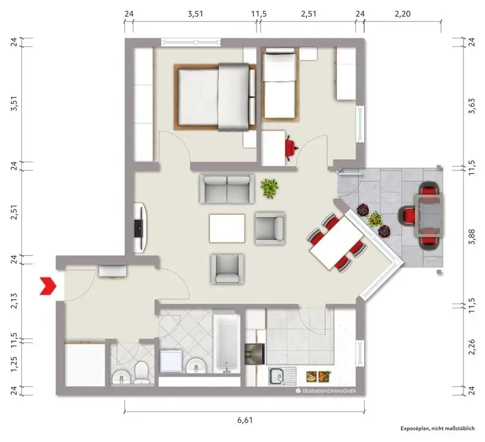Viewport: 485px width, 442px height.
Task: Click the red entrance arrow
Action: (48, 286)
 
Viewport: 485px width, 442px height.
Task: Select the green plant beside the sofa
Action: (269, 188)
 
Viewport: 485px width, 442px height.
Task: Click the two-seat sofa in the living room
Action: (227, 189)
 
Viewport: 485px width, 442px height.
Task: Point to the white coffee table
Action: (227, 228)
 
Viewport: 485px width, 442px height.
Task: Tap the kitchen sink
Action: (282, 376)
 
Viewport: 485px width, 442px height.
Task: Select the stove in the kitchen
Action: (255, 353)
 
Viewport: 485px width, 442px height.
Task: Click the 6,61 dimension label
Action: (245, 420)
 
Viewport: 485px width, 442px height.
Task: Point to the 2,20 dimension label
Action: (403, 13)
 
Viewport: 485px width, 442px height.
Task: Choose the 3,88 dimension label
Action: (472, 236)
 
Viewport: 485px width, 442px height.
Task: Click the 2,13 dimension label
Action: (14, 300)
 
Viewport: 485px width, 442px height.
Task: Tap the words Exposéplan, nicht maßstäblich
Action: (437, 428)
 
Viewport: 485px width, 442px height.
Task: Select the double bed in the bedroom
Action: (215, 96)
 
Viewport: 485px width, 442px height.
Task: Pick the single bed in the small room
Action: (280, 84)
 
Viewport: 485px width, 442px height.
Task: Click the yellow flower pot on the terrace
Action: (375, 219)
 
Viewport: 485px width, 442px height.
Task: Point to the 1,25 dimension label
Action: (14, 364)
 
